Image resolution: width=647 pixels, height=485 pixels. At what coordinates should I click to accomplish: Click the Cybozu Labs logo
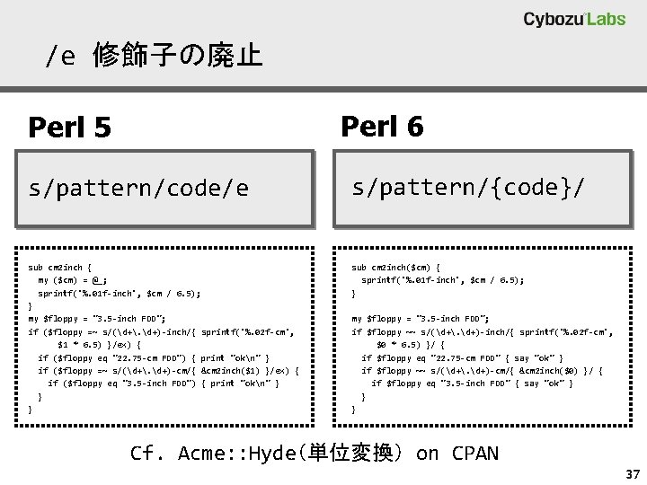pos(574,20)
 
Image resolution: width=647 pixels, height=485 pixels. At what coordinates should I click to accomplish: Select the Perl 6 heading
pos(382,127)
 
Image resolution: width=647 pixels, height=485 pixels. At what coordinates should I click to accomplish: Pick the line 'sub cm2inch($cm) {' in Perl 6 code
pos(395,267)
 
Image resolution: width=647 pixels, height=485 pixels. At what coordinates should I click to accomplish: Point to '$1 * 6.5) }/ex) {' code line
pos(100,344)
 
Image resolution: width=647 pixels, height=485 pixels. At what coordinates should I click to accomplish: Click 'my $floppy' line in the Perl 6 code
pos(420,319)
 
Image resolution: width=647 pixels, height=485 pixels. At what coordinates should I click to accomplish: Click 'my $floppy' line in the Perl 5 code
pos(96,319)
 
